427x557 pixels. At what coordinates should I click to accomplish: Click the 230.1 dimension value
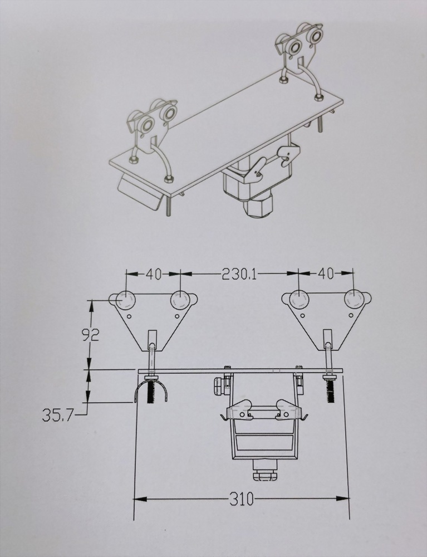pyautogui.click(x=239, y=274)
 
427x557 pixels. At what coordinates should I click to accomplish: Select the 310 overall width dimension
pyautogui.click(x=241, y=499)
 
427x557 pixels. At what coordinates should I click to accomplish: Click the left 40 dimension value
pyautogui.click(x=154, y=274)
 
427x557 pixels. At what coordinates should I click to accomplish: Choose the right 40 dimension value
pyautogui.click(x=326, y=274)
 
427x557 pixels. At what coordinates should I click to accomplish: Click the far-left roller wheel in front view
pyautogui.click(x=126, y=300)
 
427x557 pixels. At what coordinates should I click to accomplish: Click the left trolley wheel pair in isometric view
pyautogui.click(x=154, y=123)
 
